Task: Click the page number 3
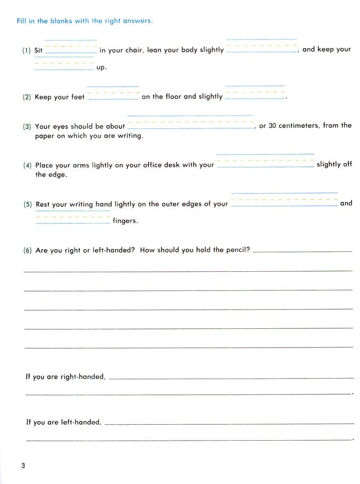(23, 466)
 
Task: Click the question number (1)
(27, 51)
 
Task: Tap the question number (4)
(27, 166)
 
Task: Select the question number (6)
(27, 250)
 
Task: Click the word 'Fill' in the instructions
(22, 21)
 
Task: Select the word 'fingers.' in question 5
(125, 221)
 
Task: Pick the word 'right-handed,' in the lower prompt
(83, 377)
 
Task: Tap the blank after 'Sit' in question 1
(71, 50)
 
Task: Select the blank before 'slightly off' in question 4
(265, 164)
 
